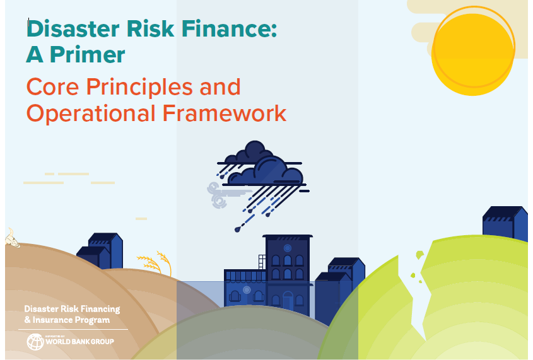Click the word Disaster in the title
click(x=73, y=28)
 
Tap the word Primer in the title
click(x=88, y=54)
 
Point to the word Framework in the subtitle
click(x=225, y=113)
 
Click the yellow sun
click(x=473, y=51)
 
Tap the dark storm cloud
click(x=262, y=165)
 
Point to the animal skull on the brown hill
click(x=12, y=239)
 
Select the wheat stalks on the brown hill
click(x=155, y=263)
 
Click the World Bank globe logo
click(x=35, y=342)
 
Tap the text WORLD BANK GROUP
click(x=80, y=342)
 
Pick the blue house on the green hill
click(x=505, y=223)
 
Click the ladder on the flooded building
click(x=262, y=262)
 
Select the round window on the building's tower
click(x=288, y=248)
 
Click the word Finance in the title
click(x=230, y=28)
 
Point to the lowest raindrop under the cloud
click(x=238, y=230)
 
